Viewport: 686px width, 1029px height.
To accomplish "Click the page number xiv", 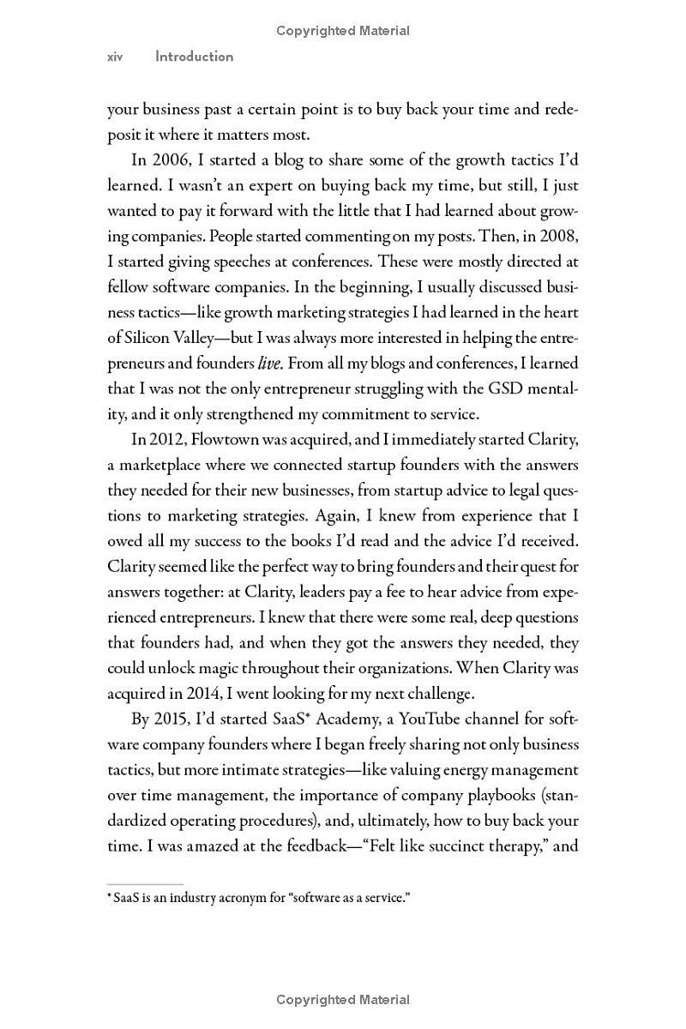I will click(115, 57).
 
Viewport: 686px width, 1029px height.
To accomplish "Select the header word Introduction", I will click(194, 57).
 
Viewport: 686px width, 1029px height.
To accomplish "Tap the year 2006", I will click(173, 159).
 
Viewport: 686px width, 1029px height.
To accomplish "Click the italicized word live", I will click(270, 364).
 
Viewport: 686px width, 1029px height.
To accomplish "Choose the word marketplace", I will click(165, 466).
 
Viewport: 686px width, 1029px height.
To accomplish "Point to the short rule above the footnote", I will click(145, 883).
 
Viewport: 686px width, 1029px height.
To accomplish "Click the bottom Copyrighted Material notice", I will click(343, 1000).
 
